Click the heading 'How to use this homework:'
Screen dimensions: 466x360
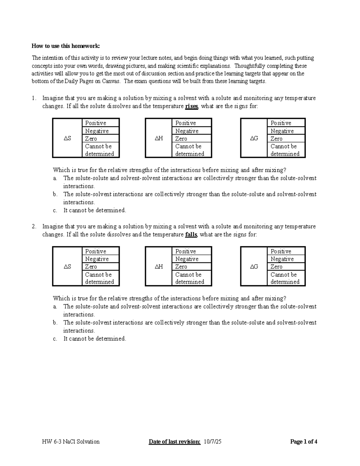point(66,46)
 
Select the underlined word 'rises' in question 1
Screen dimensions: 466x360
point(192,106)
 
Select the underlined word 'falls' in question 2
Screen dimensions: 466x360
point(191,235)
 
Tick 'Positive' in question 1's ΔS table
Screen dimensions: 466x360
point(96,123)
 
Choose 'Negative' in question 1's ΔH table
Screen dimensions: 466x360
point(187,131)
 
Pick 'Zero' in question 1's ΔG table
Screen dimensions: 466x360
point(276,139)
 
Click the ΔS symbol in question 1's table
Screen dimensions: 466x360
point(67,138)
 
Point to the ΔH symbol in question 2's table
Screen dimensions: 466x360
point(159,267)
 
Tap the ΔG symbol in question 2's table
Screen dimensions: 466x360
point(254,267)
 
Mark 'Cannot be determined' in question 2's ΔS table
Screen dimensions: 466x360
point(100,278)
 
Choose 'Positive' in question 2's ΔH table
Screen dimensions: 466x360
point(185,251)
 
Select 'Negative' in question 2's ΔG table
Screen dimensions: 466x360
point(282,259)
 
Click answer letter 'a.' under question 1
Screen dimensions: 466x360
point(55,178)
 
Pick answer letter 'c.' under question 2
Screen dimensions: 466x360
point(55,339)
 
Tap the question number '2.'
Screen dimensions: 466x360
point(34,227)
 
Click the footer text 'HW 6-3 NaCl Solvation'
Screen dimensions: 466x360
point(71,442)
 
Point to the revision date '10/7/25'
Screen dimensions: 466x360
point(212,442)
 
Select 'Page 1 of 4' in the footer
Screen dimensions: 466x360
point(304,442)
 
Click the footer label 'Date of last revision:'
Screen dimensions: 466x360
point(175,442)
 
